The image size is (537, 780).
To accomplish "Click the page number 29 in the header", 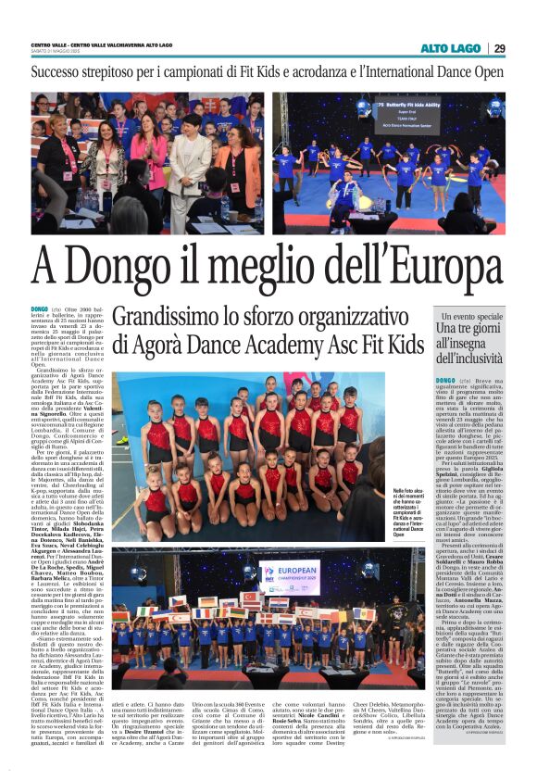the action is point(499,48).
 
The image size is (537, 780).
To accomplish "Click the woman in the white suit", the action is point(189,157).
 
